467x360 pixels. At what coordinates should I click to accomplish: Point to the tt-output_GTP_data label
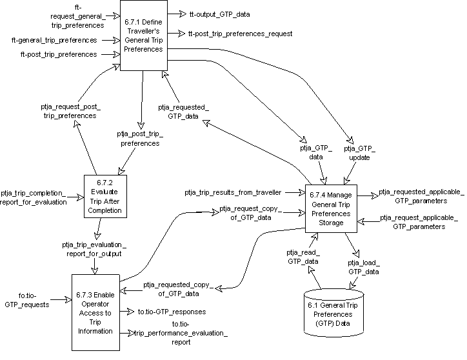[x=219, y=14]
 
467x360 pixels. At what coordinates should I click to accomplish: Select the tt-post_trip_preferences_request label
[x=240, y=33]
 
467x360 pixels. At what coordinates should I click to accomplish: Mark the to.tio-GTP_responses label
[x=172, y=312]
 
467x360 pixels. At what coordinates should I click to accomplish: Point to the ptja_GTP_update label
[x=361, y=153]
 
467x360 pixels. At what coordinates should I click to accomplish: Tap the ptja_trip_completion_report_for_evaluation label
[x=34, y=197]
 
